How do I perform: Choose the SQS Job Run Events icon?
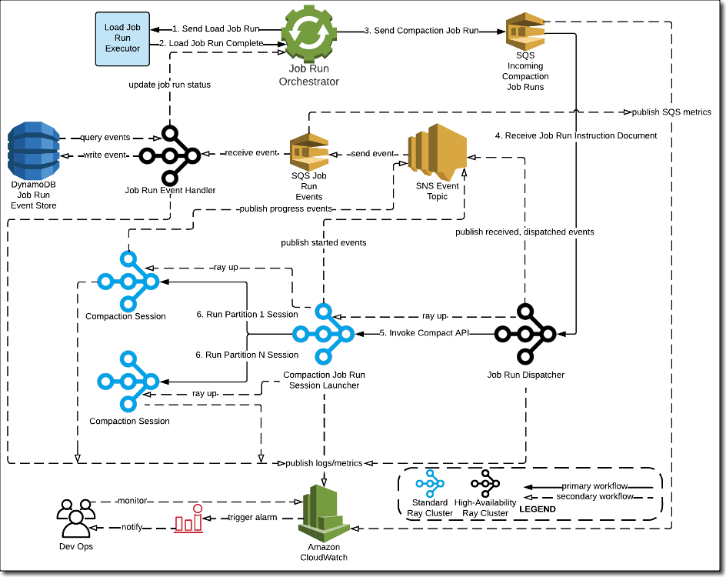coord(308,152)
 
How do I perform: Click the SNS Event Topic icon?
coord(437,151)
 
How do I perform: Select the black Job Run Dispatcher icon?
coord(525,333)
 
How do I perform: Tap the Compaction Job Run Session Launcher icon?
coord(323,334)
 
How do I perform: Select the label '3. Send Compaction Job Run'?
coord(421,31)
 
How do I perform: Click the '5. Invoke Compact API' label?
coord(425,333)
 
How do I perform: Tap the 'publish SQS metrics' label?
coord(671,112)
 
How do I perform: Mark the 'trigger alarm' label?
coord(251,517)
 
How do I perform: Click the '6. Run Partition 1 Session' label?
coord(248,314)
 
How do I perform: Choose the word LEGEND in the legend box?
coord(538,509)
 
